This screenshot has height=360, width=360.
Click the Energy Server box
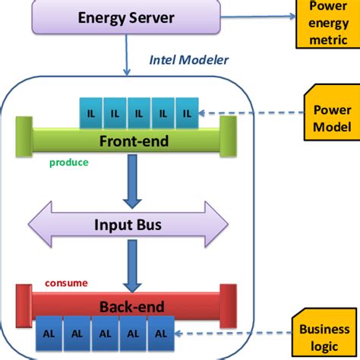[x=127, y=17]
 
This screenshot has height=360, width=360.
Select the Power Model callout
[x=331, y=118]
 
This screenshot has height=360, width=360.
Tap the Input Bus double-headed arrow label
[x=128, y=226]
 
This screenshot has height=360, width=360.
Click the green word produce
[x=69, y=163]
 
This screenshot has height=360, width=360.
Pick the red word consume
[x=66, y=283]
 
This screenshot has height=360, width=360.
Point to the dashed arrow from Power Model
[x=251, y=114]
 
